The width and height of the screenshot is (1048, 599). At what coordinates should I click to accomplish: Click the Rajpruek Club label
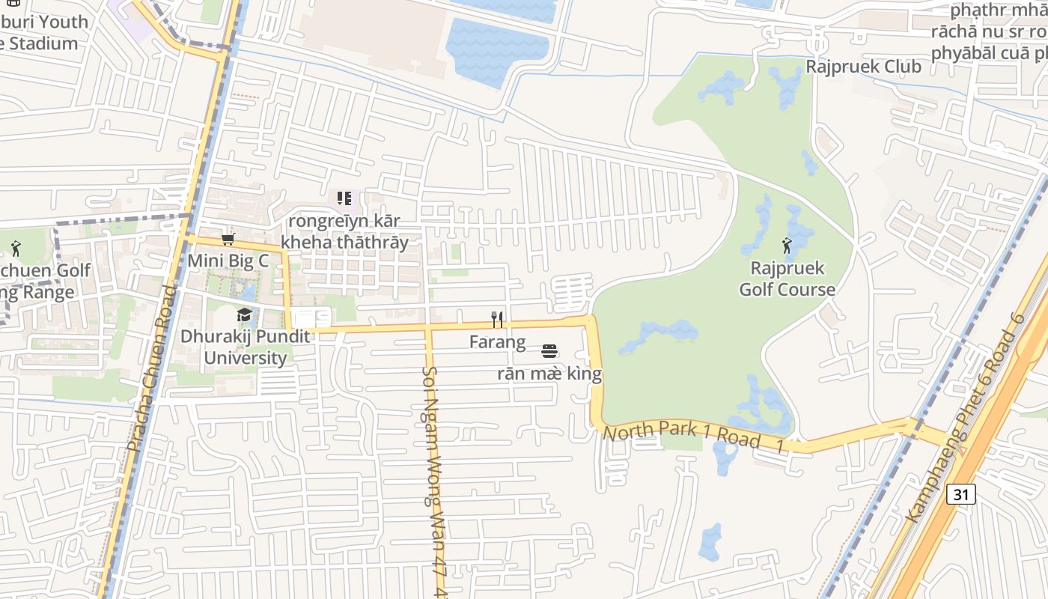coord(863,67)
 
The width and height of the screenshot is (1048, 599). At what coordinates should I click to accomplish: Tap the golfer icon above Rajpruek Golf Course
coord(787,245)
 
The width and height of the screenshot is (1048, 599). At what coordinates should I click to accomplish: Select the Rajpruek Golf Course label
coord(787,279)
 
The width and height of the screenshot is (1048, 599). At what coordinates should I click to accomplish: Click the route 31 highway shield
coord(960,494)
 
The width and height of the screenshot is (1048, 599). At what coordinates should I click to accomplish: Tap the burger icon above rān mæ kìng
coord(549,350)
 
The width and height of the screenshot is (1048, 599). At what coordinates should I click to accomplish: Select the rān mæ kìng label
coord(549,373)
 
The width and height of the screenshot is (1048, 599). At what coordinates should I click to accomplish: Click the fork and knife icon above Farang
coord(497,320)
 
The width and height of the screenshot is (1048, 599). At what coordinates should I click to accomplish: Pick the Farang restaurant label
coord(497,342)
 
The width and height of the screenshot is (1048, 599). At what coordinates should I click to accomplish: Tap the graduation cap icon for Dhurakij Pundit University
coord(245,314)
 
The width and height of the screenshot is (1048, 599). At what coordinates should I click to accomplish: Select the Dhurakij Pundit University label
coord(245,347)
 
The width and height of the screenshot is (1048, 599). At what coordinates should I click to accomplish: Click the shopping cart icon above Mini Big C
coord(228,239)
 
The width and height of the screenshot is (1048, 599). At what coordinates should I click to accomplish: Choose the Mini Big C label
coord(228,261)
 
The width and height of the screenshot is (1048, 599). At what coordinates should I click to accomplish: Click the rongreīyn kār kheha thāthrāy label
coord(344,231)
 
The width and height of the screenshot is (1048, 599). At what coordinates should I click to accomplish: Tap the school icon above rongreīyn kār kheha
coord(344,198)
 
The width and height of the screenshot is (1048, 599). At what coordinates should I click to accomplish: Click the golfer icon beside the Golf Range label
coord(16,248)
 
